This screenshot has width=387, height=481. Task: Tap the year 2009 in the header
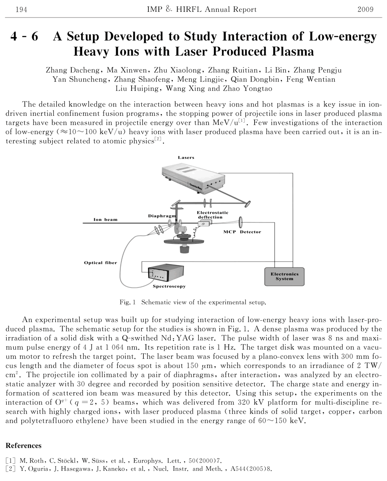[365, 9]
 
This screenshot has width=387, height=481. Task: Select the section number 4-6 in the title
[25, 37]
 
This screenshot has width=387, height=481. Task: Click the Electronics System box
[284, 276]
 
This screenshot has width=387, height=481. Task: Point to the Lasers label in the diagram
[186, 157]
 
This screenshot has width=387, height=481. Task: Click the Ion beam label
[106, 220]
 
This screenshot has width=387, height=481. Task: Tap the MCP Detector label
[242, 232]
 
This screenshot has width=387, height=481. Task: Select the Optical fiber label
[100, 263]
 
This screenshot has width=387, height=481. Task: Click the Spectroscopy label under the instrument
[169, 287]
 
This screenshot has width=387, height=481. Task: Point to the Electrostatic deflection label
[213, 215]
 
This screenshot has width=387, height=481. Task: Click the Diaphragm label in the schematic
[162, 216]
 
